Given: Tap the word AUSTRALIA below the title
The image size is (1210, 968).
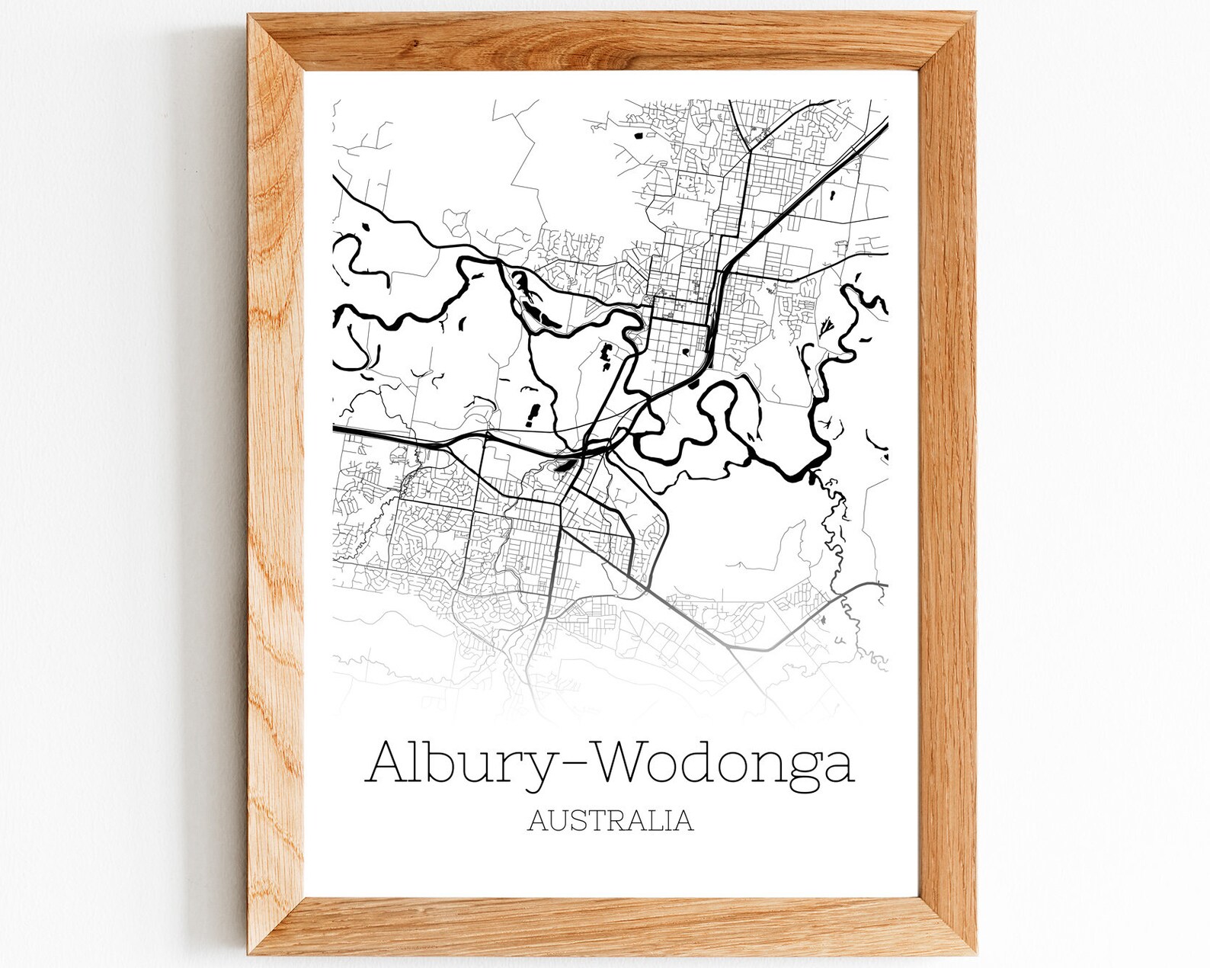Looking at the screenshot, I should coord(610,820).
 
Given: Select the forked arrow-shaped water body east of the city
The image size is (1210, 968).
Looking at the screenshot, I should coord(829,326).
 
